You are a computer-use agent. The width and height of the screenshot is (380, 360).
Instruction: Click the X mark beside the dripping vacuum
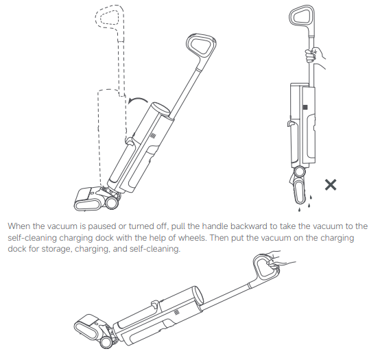point(331,185)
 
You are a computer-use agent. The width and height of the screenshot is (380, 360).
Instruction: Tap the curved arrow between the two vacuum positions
point(137,99)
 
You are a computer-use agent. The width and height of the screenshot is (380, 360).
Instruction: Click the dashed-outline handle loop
point(110,16)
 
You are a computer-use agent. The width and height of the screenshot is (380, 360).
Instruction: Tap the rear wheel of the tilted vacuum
point(112,204)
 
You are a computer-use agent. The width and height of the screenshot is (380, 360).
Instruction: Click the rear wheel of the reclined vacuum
point(106,343)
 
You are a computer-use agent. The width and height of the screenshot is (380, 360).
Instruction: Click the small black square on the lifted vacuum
point(305,107)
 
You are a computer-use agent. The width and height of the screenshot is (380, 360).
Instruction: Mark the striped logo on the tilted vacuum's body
point(153,135)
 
